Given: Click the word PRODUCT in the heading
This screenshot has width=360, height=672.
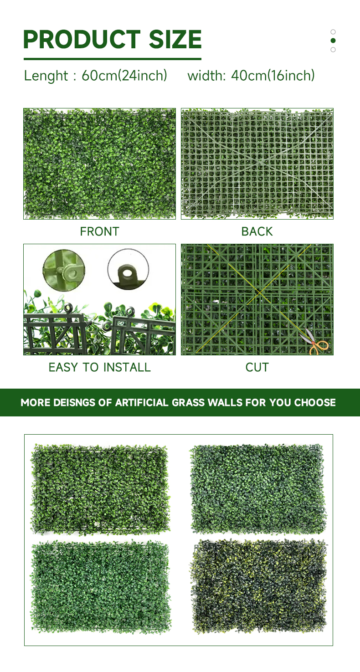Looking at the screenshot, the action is pos(82,39).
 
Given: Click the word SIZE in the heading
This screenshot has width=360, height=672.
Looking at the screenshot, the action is pos(175,39).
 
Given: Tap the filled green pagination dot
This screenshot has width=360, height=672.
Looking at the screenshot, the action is pos(333,41).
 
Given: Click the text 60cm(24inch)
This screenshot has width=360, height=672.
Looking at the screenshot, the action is pos(124,75).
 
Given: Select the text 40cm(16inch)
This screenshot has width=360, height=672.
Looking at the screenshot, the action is pos(273,75).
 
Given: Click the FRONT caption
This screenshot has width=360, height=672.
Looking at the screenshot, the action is pos(100,231).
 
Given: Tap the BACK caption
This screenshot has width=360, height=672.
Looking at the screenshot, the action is pos(257,231).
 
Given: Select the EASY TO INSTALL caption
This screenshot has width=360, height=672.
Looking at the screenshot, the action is pos(100,367).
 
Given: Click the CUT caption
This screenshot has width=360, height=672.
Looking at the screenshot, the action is pos(257,367).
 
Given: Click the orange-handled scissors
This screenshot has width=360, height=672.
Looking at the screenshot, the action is pos(315,342).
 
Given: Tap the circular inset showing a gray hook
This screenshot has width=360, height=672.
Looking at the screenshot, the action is pos(128,269).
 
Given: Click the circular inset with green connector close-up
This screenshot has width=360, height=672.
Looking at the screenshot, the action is pos(64,270).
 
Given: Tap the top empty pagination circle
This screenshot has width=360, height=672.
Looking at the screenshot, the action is pos(333,32).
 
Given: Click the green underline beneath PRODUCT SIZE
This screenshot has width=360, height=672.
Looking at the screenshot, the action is pos(113,59).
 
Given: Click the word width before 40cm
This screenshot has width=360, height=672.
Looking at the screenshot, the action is pos(206,76).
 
